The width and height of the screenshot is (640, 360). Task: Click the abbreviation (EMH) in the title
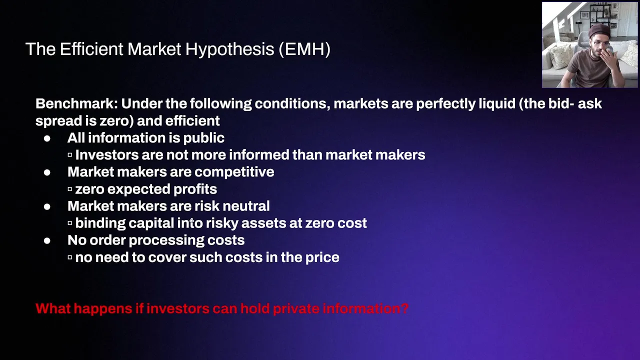(304, 49)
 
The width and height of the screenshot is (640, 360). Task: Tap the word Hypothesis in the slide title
(229, 49)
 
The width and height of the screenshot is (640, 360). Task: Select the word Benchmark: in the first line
(76, 103)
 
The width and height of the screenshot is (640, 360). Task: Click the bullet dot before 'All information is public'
(47, 138)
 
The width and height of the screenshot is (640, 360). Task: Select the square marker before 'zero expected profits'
(69, 189)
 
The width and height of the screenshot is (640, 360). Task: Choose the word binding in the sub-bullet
(100, 223)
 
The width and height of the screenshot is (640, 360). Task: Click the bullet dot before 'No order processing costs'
(47, 241)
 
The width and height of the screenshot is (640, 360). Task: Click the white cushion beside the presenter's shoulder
(559, 55)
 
